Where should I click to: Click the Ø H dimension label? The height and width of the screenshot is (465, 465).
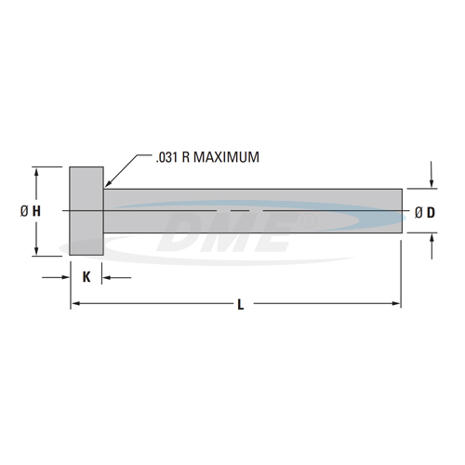point(30,211)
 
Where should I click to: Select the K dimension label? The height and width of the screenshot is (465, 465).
point(86,276)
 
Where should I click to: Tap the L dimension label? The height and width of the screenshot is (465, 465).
point(240,304)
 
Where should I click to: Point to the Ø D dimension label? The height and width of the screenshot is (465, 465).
point(425,212)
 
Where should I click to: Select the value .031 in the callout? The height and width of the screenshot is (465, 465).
point(166,157)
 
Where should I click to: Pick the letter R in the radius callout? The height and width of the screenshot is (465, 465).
point(188,157)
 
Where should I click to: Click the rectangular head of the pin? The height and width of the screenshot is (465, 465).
point(86,211)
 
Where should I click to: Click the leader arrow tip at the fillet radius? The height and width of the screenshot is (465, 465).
point(105,186)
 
